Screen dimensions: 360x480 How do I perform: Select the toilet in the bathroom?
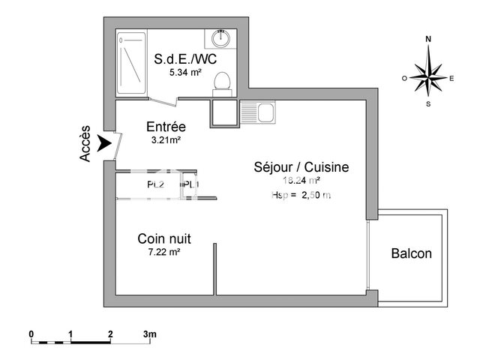222,81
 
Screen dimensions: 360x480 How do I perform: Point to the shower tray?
133,63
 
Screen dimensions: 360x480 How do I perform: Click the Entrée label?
165,127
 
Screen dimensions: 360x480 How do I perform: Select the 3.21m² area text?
165,139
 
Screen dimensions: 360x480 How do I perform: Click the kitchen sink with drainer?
259,113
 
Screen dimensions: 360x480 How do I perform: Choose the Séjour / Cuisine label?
301,167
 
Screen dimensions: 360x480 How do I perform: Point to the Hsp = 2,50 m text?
301,195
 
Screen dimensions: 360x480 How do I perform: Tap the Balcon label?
412,253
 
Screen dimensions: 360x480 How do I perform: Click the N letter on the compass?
428,38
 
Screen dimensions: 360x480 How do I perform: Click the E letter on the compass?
452,78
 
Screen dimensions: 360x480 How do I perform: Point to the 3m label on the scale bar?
149,333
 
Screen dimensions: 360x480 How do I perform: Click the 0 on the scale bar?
31,333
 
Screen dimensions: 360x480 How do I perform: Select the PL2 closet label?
154,184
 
